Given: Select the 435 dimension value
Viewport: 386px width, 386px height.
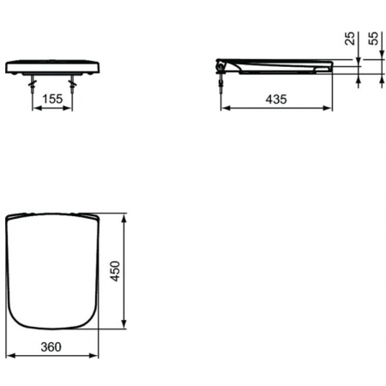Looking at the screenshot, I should (x=276, y=100).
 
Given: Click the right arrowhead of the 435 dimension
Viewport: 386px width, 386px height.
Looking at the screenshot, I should (x=330, y=109).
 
